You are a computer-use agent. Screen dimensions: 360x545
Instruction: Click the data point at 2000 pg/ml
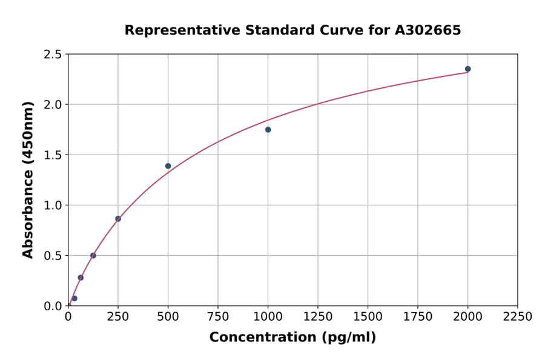(x=467, y=69)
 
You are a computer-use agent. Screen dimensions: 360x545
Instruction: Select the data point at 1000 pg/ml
(x=268, y=130)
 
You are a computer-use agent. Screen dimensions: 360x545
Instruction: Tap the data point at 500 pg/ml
(x=168, y=166)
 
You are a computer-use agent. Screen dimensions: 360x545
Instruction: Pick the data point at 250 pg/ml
(x=118, y=219)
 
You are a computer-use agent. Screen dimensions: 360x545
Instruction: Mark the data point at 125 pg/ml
(x=93, y=255)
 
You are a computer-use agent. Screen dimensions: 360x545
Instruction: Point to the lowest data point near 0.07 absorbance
(x=74, y=298)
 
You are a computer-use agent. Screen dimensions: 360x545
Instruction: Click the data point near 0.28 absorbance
(x=81, y=278)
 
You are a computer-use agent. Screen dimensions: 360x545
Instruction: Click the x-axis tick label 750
(x=218, y=317)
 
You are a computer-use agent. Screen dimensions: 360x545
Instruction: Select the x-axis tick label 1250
(x=318, y=317)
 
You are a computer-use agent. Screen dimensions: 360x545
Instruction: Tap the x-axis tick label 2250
(x=518, y=317)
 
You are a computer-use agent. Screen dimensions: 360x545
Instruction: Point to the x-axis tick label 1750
(x=418, y=317)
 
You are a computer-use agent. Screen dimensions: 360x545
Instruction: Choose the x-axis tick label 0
(x=68, y=317)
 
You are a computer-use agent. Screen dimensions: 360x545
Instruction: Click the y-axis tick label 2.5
(x=53, y=55)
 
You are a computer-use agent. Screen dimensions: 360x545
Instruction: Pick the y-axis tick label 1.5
(x=53, y=155)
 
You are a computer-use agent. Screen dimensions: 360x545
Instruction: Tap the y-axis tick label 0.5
(x=53, y=256)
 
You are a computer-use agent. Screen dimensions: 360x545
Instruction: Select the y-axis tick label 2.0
(x=53, y=105)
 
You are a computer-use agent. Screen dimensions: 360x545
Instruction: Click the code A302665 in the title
(x=428, y=30)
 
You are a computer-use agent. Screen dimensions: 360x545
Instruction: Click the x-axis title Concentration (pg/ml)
(x=292, y=338)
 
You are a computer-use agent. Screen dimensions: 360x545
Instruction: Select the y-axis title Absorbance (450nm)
(x=28, y=180)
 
